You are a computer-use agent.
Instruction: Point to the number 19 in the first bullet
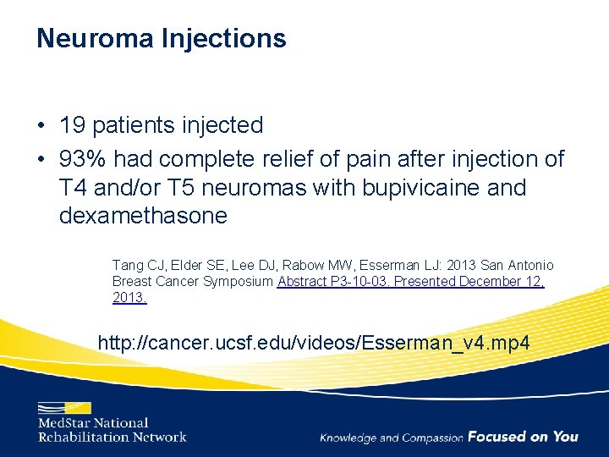pyautogui.click(x=71, y=125)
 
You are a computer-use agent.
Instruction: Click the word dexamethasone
pyautogui.click(x=143, y=216)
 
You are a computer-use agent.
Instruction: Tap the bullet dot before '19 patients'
pyautogui.click(x=41, y=126)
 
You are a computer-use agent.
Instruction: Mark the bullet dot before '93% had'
pyautogui.click(x=41, y=159)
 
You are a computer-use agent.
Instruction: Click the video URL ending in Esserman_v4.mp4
pyautogui.click(x=314, y=343)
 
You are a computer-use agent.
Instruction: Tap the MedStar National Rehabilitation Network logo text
pyautogui.click(x=111, y=430)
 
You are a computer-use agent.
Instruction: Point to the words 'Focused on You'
pyautogui.click(x=523, y=437)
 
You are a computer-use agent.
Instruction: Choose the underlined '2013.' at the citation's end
pyautogui.click(x=129, y=298)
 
